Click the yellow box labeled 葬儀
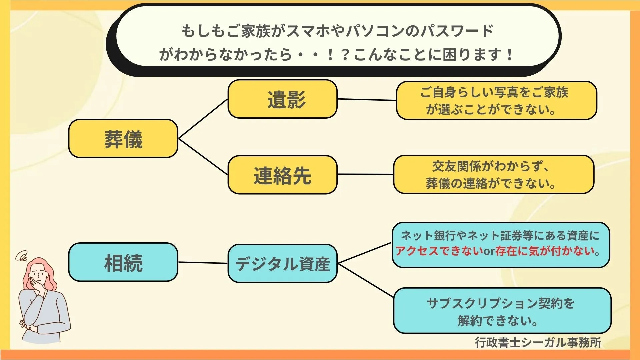tap(123, 138)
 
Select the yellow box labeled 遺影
tap(282, 99)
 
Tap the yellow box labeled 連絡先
tap(282, 175)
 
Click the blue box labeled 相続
tap(123, 262)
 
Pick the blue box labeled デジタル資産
tap(282, 263)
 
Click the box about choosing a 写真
tap(496, 100)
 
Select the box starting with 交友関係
tap(494, 174)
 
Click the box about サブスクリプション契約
tap(502, 311)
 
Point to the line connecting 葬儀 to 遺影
tap(203, 119)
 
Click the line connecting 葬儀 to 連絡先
tap(203, 157)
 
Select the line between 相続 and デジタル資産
tap(203, 263)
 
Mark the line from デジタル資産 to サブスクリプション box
tap(366, 280)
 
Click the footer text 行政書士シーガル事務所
tap(538, 342)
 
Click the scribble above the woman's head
tap(21, 256)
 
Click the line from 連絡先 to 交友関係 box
tap(365, 174)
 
